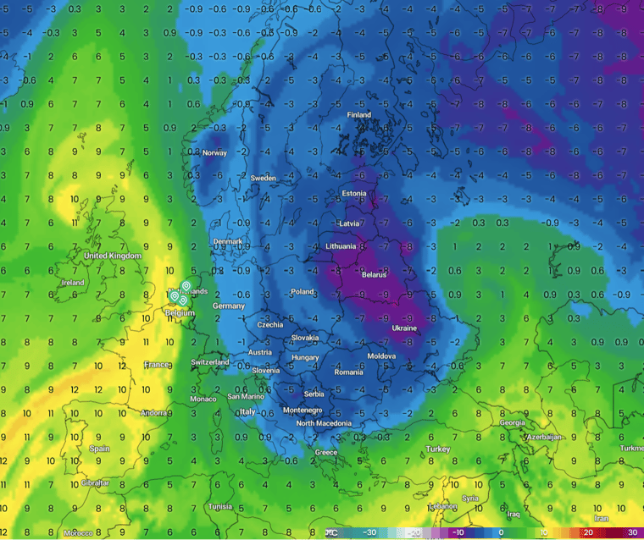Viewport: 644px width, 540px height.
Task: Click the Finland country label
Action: (359, 115)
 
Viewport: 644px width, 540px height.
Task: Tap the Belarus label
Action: (374, 275)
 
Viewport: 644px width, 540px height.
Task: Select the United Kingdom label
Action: (112, 255)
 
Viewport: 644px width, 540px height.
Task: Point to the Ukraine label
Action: (404, 328)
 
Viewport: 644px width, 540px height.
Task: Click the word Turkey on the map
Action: (438, 449)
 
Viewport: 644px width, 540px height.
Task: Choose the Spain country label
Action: (100, 449)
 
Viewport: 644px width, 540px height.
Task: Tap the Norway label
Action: (215, 153)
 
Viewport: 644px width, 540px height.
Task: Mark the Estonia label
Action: (354, 194)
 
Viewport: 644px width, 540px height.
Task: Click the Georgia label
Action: (512, 422)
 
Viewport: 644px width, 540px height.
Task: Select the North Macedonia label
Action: (323, 423)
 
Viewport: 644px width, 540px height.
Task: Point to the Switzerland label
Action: (210, 362)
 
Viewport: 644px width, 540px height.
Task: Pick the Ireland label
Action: (73, 283)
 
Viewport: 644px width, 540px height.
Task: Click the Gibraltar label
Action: (95, 482)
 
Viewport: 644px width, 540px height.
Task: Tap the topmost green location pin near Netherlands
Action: (186, 288)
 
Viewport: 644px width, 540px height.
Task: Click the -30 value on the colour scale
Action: (369, 532)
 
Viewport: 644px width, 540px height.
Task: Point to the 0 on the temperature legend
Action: (501, 532)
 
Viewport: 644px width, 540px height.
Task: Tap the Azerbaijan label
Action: (544, 437)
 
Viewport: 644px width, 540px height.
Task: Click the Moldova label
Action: (381, 356)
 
